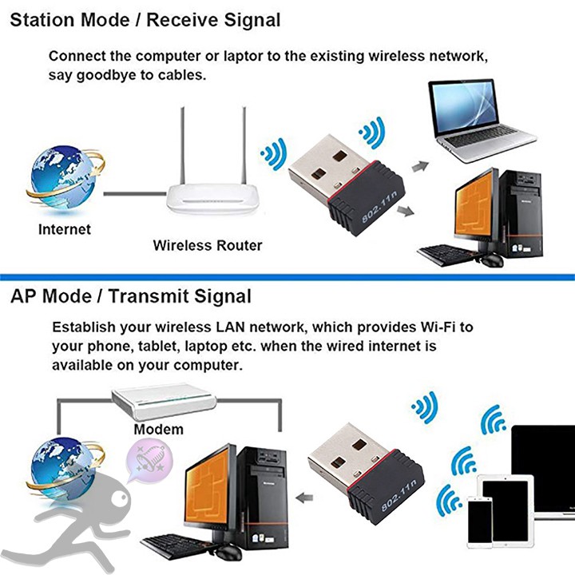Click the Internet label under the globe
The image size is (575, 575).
pos(65,229)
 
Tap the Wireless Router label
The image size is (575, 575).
pos(208,245)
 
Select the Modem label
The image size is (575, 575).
pos(158,429)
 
